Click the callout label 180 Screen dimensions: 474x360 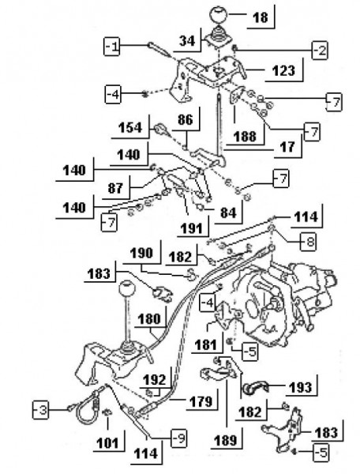(x=148, y=322)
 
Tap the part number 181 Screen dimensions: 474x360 (x=208, y=344)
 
